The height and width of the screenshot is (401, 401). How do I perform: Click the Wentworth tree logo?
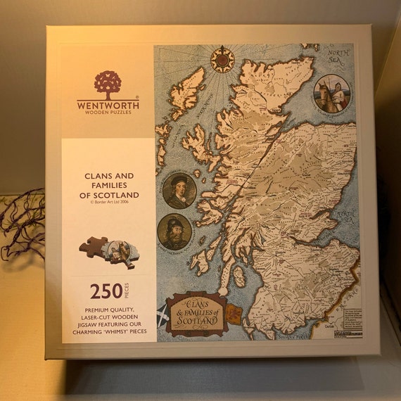point(108,83)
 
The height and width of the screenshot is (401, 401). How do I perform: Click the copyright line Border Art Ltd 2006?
point(108,203)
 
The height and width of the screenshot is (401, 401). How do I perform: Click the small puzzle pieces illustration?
point(108,251)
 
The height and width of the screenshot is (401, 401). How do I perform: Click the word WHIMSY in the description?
point(121,330)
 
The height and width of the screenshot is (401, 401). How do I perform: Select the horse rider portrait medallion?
point(332,95)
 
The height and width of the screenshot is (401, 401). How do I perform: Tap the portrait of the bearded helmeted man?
point(174,232)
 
